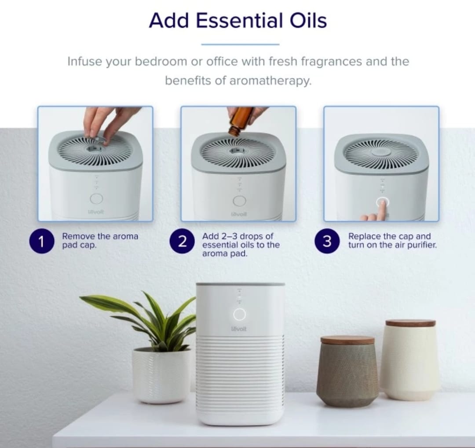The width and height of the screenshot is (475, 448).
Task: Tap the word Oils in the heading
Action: [308, 21]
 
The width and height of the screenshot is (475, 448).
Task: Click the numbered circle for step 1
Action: [41, 241]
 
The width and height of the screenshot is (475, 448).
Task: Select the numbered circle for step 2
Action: [182, 241]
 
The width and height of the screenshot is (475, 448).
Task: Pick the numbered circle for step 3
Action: [327, 241]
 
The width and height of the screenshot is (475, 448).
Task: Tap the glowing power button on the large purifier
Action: [239, 314]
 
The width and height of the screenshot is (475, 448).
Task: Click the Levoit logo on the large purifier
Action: [239, 329]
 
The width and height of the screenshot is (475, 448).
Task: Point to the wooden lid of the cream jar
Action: [410, 323]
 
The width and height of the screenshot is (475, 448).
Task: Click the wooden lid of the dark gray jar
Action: [347, 340]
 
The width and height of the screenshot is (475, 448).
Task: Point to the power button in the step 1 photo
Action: [96, 199]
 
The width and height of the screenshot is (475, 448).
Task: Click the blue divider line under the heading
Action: [240, 44]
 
